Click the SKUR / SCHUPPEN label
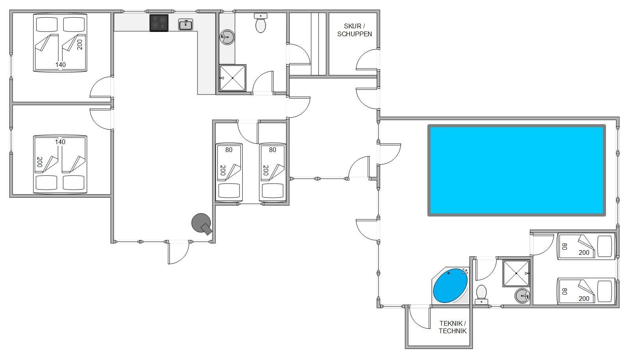(354, 30)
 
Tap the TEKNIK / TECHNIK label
(453, 327)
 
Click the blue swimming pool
(516, 170)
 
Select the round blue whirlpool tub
(450, 286)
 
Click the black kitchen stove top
(159, 23)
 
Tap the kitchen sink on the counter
(186, 24)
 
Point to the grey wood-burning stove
(202, 224)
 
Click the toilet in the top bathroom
(260, 23)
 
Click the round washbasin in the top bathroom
(227, 37)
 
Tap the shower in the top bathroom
(232, 78)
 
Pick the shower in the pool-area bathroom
(516, 273)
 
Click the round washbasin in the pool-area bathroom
(522, 296)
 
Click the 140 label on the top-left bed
(60, 65)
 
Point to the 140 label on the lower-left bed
(60, 142)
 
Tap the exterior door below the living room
(178, 253)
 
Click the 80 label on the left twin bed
(229, 150)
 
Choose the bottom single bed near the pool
(586, 291)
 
